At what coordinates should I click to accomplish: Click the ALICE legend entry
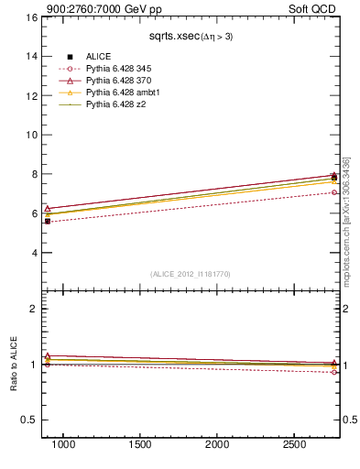click(98, 57)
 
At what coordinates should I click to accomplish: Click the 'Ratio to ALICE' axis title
click(14, 364)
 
